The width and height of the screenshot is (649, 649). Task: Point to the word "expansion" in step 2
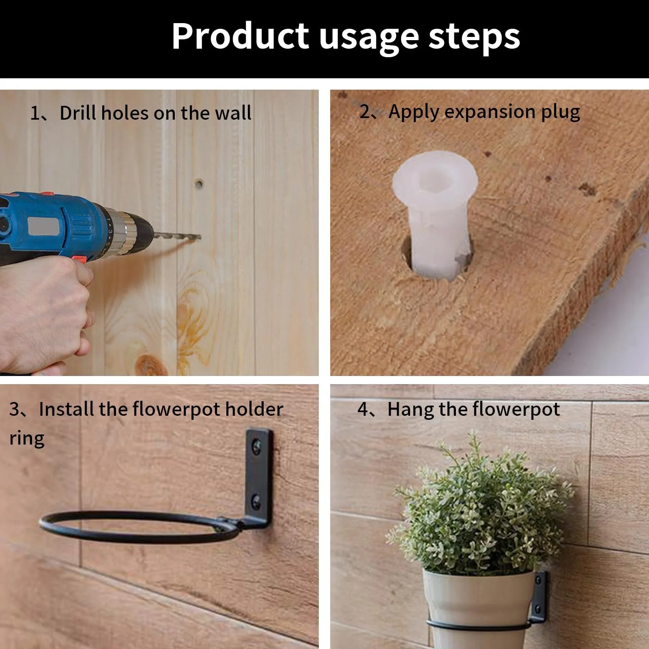pos(490,112)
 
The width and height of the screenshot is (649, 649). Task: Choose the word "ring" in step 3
pos(27,439)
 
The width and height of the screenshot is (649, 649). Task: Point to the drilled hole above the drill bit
pos(198,184)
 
